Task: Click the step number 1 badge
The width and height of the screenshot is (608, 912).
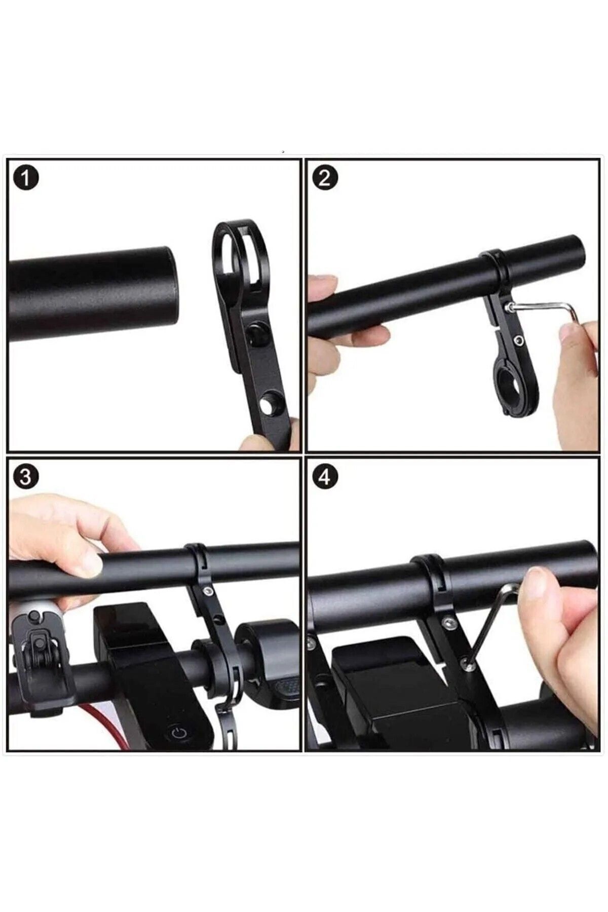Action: (26, 179)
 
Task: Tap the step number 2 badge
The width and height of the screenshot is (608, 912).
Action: (325, 178)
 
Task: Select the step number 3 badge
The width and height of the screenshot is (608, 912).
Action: (25, 477)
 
